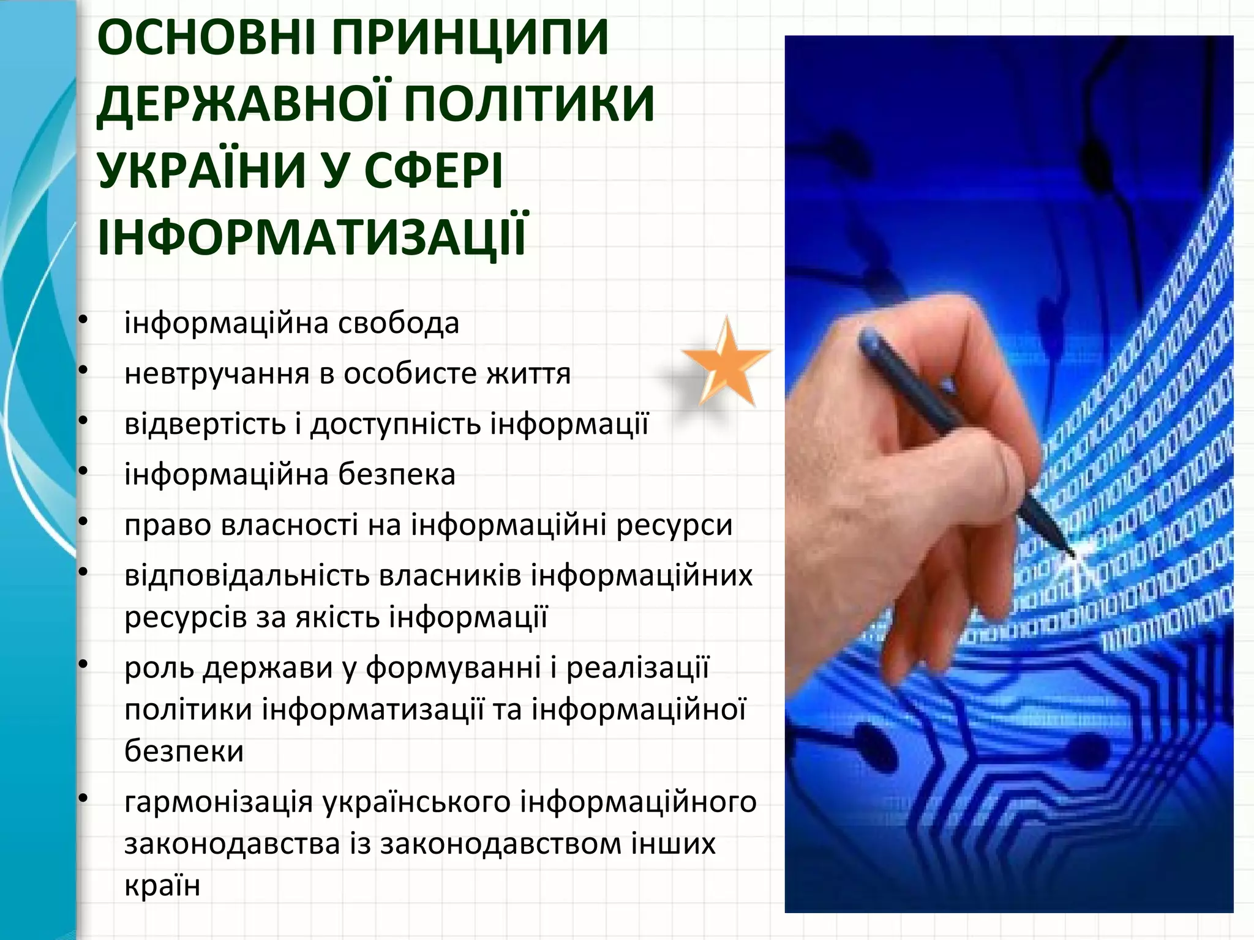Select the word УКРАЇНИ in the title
[201, 170]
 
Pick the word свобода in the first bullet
[399, 323]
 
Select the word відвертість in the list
[205, 423]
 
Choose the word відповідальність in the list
[246, 575]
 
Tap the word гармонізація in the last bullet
[218, 802]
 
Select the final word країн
[162, 886]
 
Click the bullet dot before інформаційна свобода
[84, 320]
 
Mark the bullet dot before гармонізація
[84, 799]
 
